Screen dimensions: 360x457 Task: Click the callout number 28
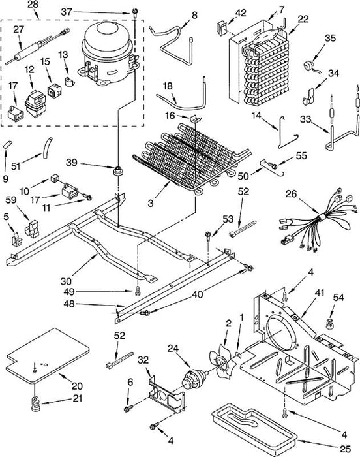[x=33, y=5]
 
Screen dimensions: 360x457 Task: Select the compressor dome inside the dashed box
[x=108, y=54]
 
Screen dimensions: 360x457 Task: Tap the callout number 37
[x=67, y=12]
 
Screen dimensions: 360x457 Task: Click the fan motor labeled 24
[x=195, y=380]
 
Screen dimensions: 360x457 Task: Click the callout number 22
[x=303, y=19]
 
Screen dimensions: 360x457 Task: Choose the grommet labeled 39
[x=118, y=170]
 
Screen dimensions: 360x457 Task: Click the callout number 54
[x=338, y=298]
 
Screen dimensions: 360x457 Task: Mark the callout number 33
[x=305, y=119]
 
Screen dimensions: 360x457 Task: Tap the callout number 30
[x=67, y=281]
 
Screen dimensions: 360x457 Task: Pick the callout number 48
[x=68, y=304]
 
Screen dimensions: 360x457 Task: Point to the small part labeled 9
[x=8, y=145]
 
